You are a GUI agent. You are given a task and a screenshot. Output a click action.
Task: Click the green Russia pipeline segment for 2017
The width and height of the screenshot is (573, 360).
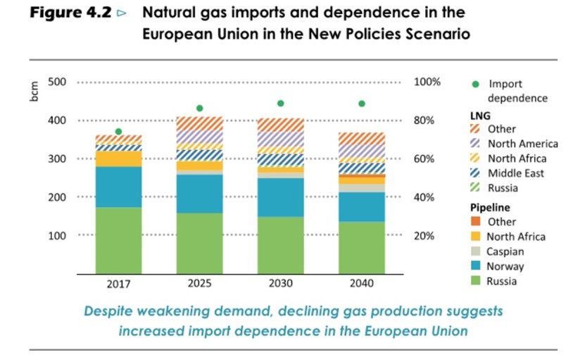coord(118,240)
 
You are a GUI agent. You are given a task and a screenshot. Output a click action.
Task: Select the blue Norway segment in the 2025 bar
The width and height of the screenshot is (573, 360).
coord(199,193)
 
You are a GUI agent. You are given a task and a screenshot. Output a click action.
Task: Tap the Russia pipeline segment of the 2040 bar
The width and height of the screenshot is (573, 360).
coord(362,247)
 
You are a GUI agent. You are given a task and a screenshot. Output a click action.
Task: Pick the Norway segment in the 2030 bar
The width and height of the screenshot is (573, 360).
coord(280,197)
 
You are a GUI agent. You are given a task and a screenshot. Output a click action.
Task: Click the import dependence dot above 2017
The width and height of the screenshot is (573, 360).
coord(118,132)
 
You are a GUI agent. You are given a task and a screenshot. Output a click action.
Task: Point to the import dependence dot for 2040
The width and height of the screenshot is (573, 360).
coord(362,104)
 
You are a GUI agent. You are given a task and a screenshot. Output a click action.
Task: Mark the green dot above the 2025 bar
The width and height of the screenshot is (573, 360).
coord(199,108)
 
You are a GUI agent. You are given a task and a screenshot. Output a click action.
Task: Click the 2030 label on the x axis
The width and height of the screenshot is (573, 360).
coord(280,284)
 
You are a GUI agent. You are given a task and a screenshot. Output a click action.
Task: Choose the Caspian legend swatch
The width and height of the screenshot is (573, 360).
coord(475,252)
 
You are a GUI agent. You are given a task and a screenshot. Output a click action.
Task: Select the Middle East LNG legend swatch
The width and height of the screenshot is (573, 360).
coord(475,173)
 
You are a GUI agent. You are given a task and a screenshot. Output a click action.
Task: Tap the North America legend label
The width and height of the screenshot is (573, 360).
coord(522,144)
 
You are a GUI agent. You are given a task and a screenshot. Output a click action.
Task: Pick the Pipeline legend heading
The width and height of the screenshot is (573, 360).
coord(490,208)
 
